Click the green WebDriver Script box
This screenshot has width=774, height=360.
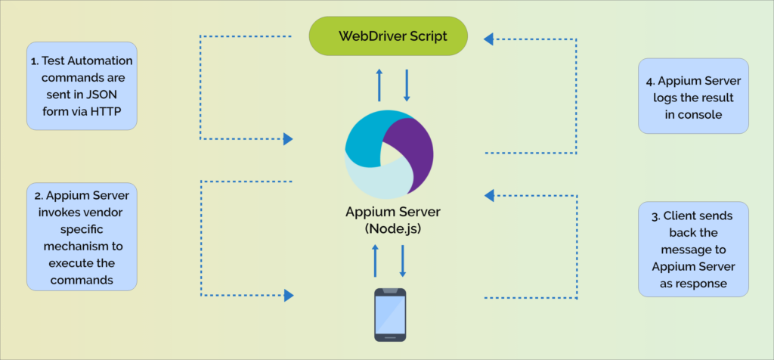point(388,36)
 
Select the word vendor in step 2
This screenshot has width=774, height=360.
point(106,212)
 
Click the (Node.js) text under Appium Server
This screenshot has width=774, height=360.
point(388,228)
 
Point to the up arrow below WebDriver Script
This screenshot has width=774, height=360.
point(379,84)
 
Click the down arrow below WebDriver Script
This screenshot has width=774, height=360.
point(407,85)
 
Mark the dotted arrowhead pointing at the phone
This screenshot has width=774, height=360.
point(288,296)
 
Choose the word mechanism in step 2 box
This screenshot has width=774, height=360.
point(82,247)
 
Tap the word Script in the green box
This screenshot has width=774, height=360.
point(424,36)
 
